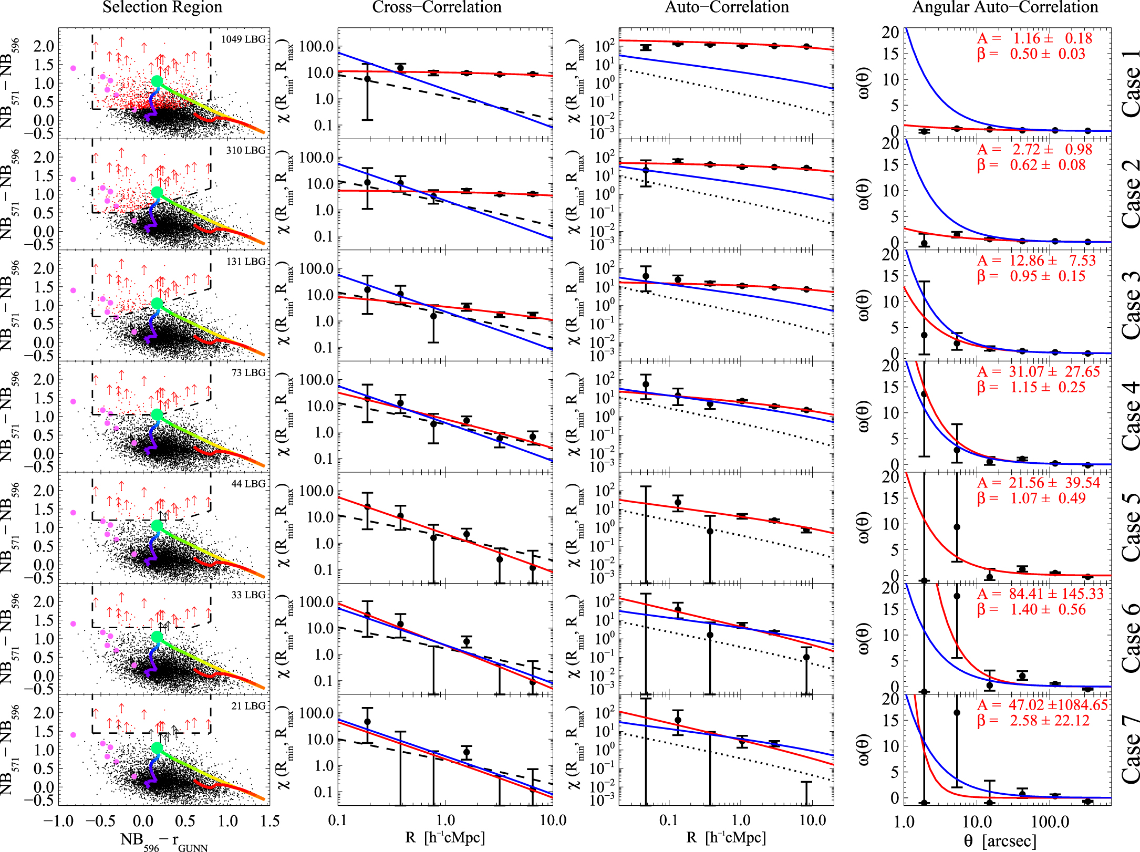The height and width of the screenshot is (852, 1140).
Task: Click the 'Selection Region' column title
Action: click(162, 7)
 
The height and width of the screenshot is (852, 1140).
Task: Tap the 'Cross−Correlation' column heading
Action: click(437, 7)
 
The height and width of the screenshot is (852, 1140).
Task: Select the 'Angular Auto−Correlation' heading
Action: click(1005, 7)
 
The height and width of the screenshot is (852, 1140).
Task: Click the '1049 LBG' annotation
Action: click(243, 39)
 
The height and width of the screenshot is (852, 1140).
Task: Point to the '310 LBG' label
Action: click(246, 151)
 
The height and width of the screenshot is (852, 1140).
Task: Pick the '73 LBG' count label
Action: click(248, 373)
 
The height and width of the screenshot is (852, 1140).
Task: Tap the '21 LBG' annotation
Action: click(248, 706)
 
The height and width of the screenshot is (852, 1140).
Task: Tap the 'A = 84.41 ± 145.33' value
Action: click(1041, 594)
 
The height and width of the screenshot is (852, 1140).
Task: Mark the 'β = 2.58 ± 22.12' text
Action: click(1033, 721)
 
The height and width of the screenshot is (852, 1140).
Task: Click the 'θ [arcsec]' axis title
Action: click(1000, 841)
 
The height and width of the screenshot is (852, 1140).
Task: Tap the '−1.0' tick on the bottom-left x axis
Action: click(58, 822)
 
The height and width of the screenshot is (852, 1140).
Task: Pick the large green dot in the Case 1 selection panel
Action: click(157, 81)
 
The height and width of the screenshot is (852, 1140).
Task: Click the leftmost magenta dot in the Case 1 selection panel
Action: click(73, 68)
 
